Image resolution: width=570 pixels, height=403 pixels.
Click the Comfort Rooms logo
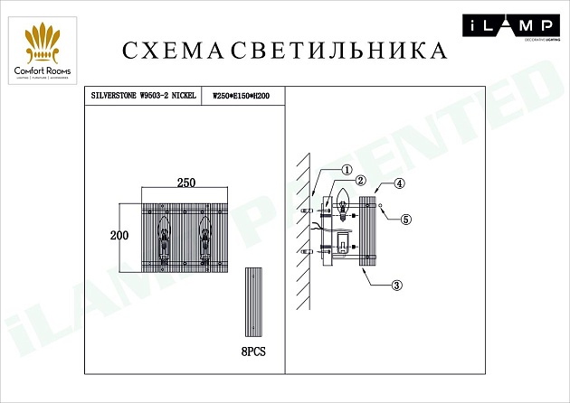tap(43, 52)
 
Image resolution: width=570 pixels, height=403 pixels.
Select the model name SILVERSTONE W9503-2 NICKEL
tap(144, 94)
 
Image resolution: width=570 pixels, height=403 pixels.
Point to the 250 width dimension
tap(185, 183)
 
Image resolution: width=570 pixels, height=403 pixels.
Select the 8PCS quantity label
tap(257, 350)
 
